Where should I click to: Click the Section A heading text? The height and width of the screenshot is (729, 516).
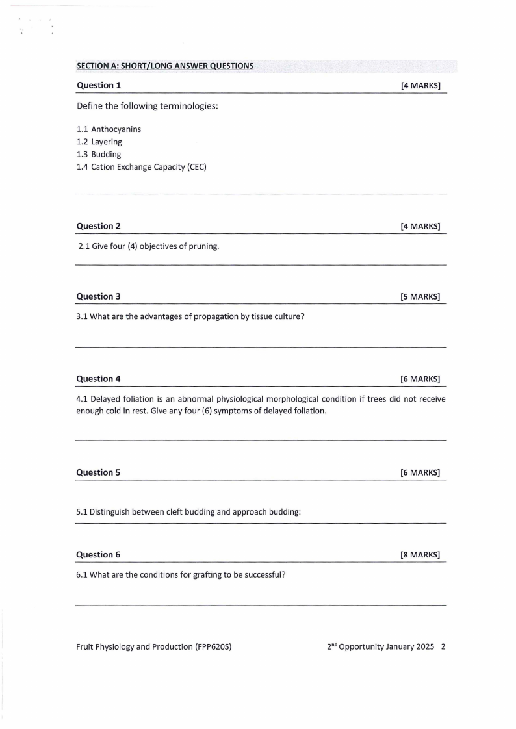click(x=165, y=66)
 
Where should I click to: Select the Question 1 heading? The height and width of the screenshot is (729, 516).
click(x=99, y=85)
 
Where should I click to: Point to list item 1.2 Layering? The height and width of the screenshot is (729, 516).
click(x=99, y=142)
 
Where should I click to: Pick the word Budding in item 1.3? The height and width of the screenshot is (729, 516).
click(x=106, y=155)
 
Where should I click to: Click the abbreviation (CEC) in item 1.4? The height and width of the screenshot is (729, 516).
click(x=196, y=168)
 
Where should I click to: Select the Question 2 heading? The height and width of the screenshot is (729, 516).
click(x=99, y=226)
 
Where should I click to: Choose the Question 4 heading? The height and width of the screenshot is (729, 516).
click(x=99, y=379)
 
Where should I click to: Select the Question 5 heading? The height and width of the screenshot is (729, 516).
click(x=99, y=472)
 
